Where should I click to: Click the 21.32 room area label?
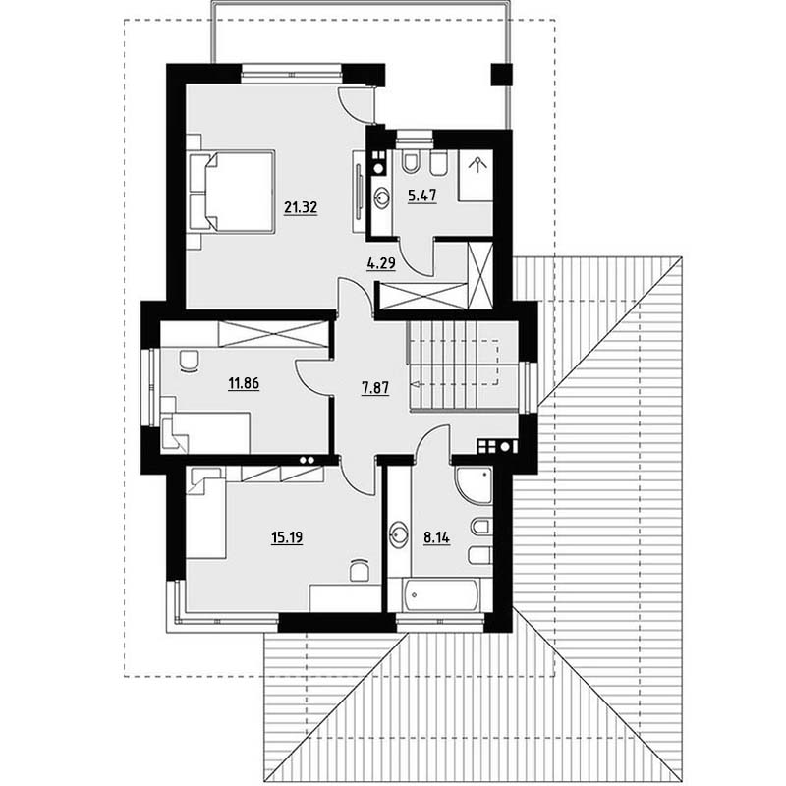point(301,207)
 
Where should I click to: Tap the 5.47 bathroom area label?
point(422,195)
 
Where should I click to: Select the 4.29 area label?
point(381,262)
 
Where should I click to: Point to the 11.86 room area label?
point(244,383)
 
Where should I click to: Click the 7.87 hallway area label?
point(375,387)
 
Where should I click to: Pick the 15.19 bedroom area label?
point(287,537)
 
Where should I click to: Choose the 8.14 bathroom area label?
point(436,537)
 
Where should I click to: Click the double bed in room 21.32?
point(232,192)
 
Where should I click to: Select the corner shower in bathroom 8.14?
point(474,484)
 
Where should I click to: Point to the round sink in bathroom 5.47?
point(382,196)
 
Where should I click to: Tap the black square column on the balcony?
point(501,76)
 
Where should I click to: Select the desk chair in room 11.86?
point(189,361)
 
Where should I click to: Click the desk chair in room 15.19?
point(359,569)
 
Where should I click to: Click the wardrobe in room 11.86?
point(273,334)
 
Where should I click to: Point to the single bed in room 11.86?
point(205,432)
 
